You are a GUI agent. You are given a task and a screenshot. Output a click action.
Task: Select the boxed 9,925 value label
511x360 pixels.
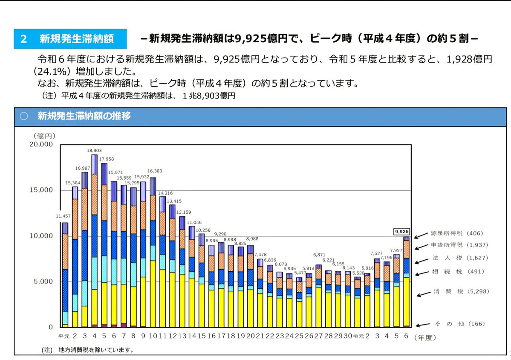click(401, 232)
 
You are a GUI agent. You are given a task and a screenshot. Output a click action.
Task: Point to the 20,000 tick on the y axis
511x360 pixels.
click(40, 144)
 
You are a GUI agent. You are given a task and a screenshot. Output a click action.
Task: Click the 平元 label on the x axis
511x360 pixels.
click(64, 336)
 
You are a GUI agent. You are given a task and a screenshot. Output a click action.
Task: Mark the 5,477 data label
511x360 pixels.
click(300, 273)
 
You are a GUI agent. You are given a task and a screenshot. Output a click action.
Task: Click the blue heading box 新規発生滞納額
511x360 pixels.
click(70, 39)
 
